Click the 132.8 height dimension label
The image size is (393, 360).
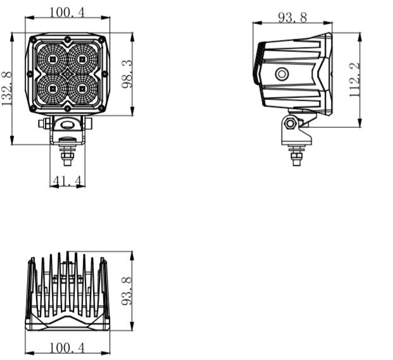tap(6, 89)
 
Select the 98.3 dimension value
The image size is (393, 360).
tap(127, 74)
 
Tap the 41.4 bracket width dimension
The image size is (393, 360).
tap(68, 182)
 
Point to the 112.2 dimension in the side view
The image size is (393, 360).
tap(355, 79)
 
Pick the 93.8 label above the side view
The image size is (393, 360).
tap(292, 18)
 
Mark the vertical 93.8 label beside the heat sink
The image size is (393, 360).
tap(127, 290)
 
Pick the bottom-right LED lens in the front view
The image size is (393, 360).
tap(82, 89)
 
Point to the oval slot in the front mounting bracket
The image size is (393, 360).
tap(68, 125)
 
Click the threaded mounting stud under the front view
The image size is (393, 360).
tap(68, 154)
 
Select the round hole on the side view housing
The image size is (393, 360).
tap(282, 75)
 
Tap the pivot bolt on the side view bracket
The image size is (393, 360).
tap(290, 123)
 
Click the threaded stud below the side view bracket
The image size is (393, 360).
tap(296, 155)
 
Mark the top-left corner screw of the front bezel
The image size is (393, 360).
tap(33, 40)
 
